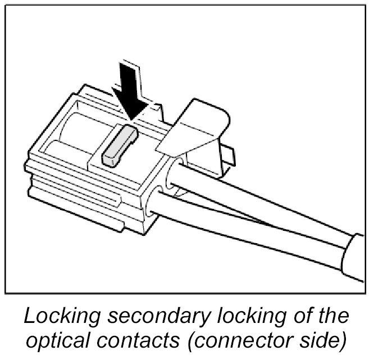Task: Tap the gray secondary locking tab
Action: tap(117, 144)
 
